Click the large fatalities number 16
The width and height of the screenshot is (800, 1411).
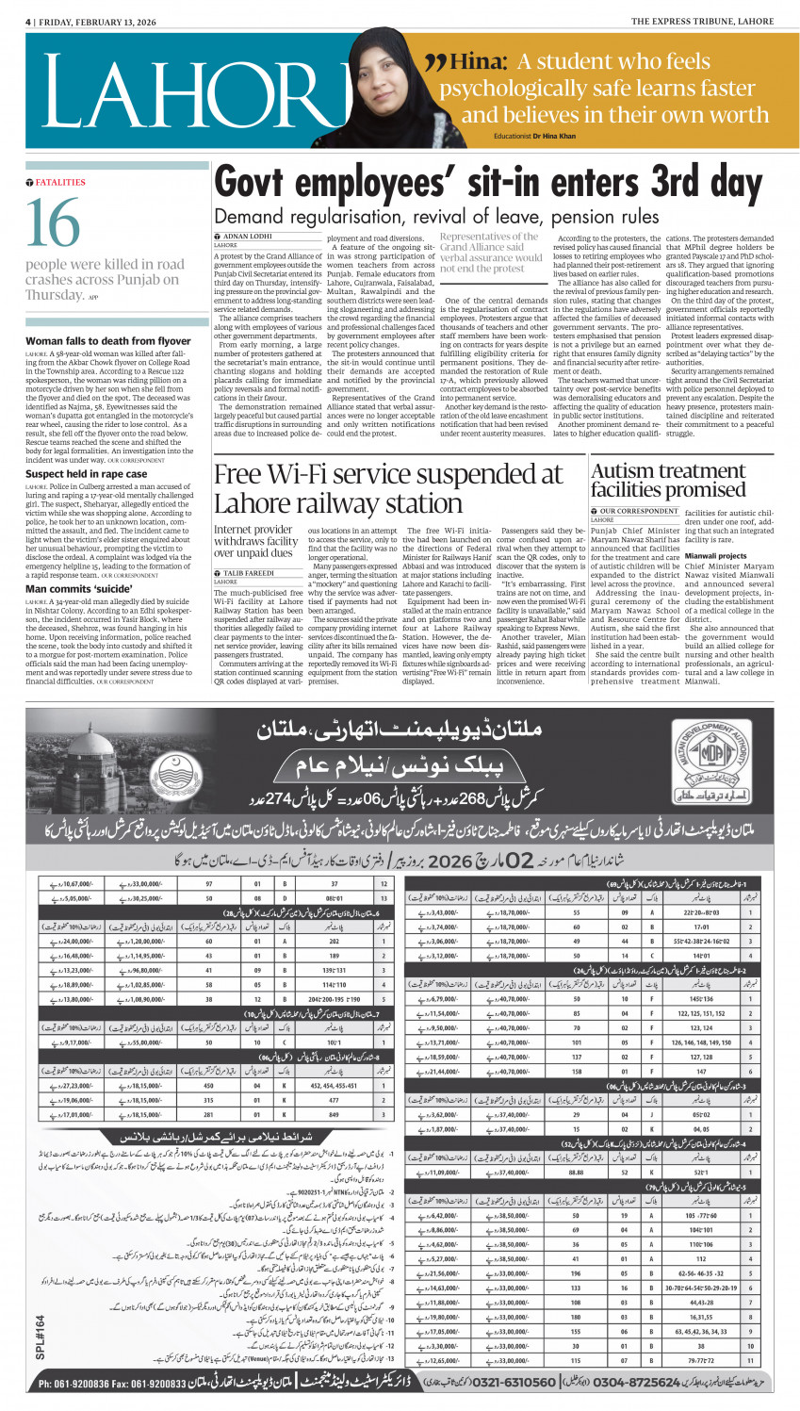[x=54, y=222]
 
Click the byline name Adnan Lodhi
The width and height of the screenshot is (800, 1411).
[x=248, y=236]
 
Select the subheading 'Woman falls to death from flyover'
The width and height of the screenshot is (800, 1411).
[x=108, y=341]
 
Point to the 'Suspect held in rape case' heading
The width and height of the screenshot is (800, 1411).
[x=87, y=474]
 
